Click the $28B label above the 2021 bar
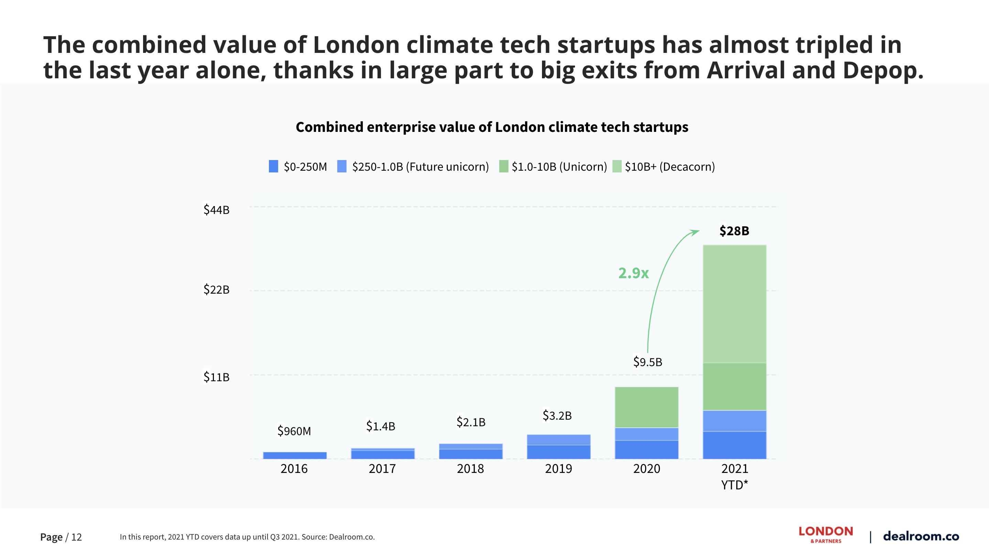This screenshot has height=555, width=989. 734,231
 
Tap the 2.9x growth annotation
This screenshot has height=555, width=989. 633,273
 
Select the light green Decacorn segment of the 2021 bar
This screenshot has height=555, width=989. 734,304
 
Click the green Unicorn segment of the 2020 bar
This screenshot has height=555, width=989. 646,407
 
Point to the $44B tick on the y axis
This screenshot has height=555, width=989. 217,210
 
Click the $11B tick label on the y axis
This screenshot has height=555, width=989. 217,377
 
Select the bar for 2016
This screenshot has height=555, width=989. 294,455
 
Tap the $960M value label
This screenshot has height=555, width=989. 294,431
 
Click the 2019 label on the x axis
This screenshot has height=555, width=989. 558,469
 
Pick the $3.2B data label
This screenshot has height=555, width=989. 557,415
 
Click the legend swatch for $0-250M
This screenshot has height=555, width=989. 273,167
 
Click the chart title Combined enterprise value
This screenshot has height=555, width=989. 492,127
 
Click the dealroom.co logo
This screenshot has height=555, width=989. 921,536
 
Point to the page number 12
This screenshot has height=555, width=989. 76,537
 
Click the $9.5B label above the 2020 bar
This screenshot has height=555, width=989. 647,362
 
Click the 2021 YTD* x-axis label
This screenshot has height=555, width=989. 734,477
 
